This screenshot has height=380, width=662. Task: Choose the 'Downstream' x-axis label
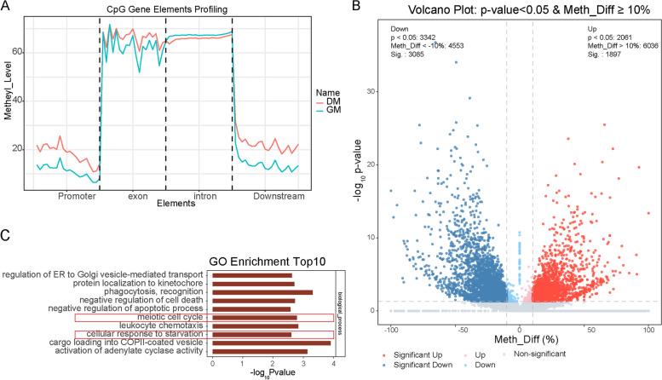pyautogui.click(x=275, y=195)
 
